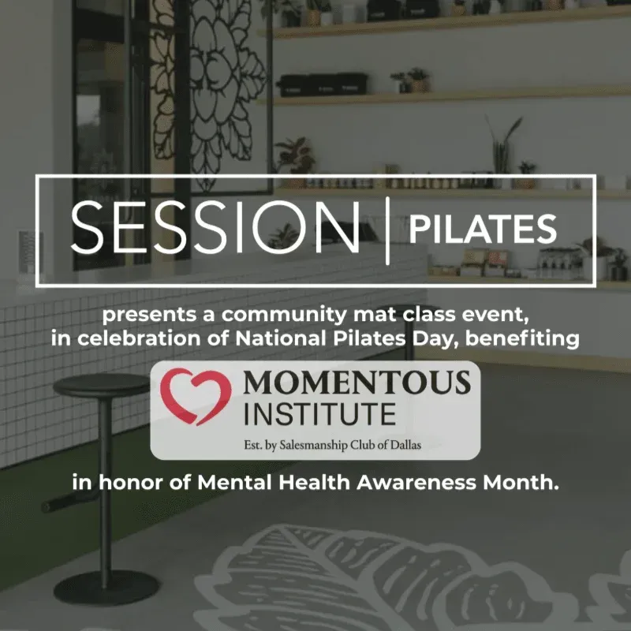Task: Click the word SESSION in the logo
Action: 215,227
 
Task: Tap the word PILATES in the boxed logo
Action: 483,229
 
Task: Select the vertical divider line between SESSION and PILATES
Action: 387,230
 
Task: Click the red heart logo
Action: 196,397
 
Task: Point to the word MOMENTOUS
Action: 357,382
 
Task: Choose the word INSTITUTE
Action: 320,414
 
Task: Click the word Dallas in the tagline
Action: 406,445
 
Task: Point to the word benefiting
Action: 522,339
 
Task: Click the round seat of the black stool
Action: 102,385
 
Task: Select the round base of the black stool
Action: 106,588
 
